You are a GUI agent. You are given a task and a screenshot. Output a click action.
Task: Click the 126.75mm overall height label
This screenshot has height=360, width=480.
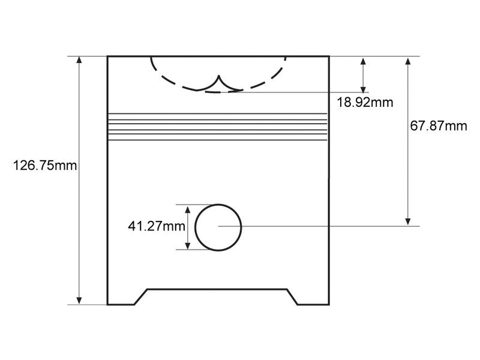pyautogui.click(x=45, y=166)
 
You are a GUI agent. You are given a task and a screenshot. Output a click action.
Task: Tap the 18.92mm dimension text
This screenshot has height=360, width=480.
pyautogui.click(x=365, y=102)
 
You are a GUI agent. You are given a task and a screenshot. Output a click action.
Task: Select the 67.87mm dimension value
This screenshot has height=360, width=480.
pyautogui.click(x=439, y=126)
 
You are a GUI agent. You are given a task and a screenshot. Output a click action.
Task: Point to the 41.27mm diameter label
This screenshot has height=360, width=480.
pyautogui.click(x=156, y=226)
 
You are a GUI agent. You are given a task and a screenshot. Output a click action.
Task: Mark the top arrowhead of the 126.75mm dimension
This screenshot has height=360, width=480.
pyautogui.click(x=79, y=61)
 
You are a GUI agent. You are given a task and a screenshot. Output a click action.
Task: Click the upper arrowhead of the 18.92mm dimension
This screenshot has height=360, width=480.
pyautogui.click(x=362, y=61)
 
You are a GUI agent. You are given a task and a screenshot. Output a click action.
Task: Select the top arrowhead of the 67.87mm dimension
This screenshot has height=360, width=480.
pyautogui.click(x=408, y=61)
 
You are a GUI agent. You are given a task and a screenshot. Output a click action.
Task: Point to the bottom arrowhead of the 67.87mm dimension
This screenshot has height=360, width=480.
pyautogui.click(x=408, y=221)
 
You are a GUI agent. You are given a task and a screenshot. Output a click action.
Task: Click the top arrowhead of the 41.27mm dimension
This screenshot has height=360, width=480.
pyautogui.click(x=188, y=209)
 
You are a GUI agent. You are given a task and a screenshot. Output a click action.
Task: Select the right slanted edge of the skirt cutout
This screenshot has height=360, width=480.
pyautogui.click(x=292, y=297)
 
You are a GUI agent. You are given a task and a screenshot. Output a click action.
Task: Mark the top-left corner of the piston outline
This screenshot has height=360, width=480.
pyautogui.click(x=107, y=56)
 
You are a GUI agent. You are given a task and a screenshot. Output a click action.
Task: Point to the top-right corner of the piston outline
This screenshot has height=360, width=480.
pyautogui.click(x=329, y=56)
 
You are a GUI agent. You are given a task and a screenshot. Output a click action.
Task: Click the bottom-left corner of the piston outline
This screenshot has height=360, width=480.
pyautogui.click(x=107, y=305)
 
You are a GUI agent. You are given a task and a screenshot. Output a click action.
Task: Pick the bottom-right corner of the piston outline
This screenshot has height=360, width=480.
pyautogui.click(x=329, y=305)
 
